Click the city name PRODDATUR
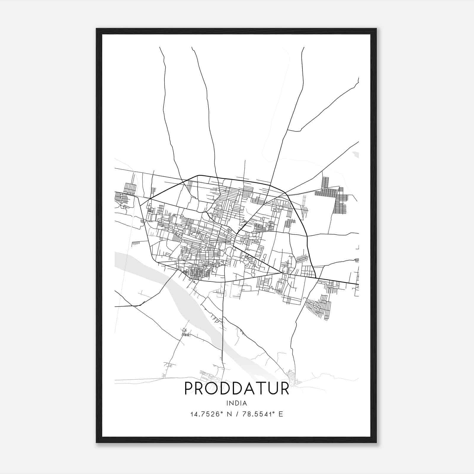click(x=237, y=388)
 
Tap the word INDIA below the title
click(x=237, y=403)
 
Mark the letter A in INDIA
click(x=245, y=403)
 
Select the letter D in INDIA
click(x=236, y=403)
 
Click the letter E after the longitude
click(x=281, y=414)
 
